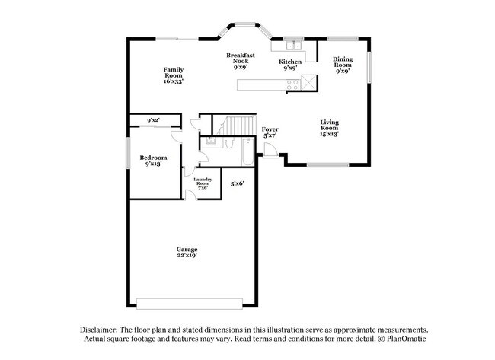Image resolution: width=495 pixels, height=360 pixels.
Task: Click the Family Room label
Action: tap(174, 75)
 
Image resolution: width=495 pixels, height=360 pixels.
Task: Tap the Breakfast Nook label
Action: tap(240, 61)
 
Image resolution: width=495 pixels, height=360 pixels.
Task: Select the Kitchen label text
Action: tap(289, 64)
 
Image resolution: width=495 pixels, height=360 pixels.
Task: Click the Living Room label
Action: tap(329, 127)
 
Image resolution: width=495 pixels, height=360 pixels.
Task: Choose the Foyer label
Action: tap(270, 132)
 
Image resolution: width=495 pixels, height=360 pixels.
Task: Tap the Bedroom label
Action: tap(152, 160)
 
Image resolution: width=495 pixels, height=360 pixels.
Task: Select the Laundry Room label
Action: tap(203, 183)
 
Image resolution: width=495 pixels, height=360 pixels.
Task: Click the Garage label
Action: tap(187, 252)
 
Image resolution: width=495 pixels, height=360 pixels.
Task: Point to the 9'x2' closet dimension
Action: tap(153, 119)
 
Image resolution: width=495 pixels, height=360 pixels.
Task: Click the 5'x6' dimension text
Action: tap(237, 183)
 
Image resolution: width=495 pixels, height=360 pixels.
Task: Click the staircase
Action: tap(238, 126)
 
